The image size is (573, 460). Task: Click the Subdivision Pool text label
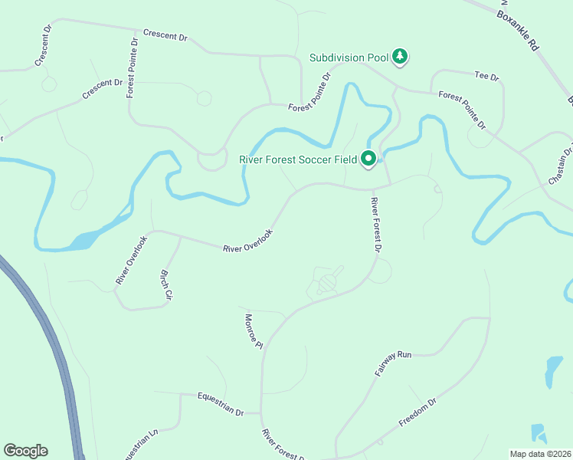point(349,57)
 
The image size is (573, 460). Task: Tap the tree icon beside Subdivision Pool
point(400,56)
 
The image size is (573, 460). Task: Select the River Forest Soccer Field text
point(298,159)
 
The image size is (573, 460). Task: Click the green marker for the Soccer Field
point(368,159)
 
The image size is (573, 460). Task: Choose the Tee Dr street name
point(486,77)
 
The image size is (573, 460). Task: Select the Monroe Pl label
point(254,331)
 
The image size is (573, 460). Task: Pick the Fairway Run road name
point(394,362)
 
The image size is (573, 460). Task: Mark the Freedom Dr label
point(417,412)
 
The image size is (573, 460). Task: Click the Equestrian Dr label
point(220,404)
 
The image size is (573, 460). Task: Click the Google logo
point(25,451)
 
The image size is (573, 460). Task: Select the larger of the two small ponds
point(552,371)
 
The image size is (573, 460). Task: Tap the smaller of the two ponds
point(539,433)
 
